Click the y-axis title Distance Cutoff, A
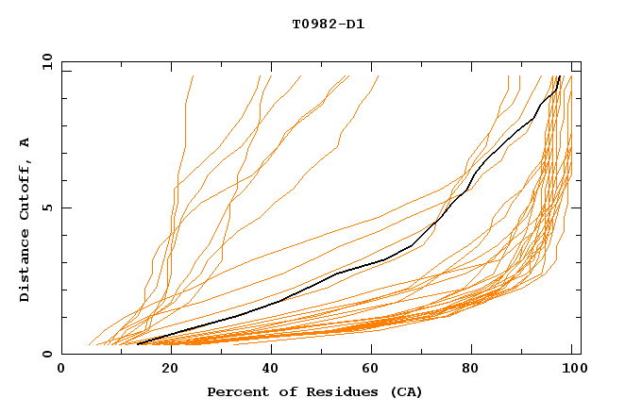25,219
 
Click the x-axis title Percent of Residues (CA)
314,391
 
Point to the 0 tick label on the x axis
62,369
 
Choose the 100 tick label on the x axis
570,369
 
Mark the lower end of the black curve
138,343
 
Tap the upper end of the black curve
561,76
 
